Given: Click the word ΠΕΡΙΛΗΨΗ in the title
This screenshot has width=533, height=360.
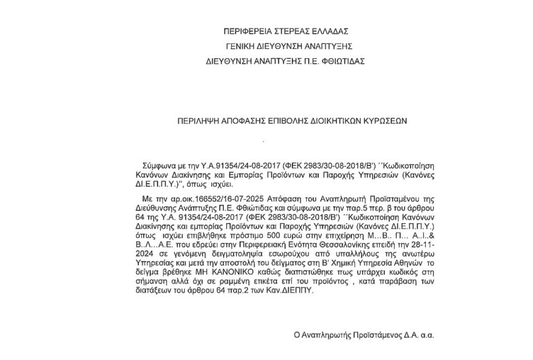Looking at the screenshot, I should (196, 123).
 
